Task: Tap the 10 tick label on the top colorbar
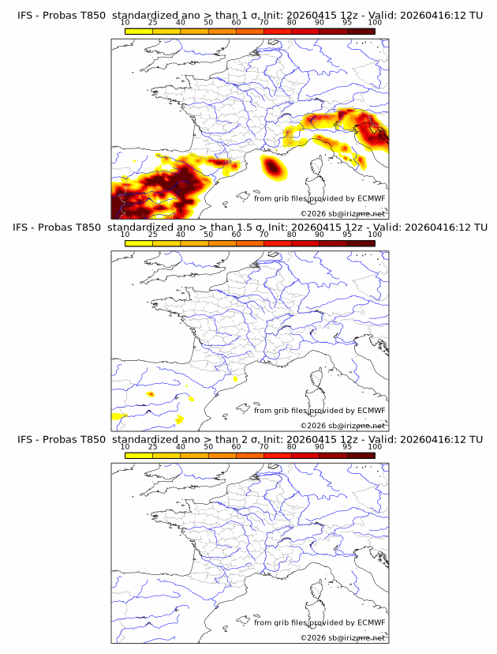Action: (x=125, y=23)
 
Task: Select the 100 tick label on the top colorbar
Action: (x=374, y=23)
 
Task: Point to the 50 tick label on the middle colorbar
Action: (x=208, y=235)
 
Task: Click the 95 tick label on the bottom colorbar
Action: (x=347, y=447)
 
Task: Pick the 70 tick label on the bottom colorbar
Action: (x=263, y=447)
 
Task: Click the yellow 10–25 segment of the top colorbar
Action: (x=139, y=31)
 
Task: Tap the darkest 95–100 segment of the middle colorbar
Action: (x=361, y=242)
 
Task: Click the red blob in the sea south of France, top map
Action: (x=272, y=167)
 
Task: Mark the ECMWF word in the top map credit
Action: (x=371, y=199)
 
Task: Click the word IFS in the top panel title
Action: (x=26, y=15)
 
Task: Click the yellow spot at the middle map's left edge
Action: (x=119, y=415)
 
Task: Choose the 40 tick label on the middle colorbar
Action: (x=181, y=235)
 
